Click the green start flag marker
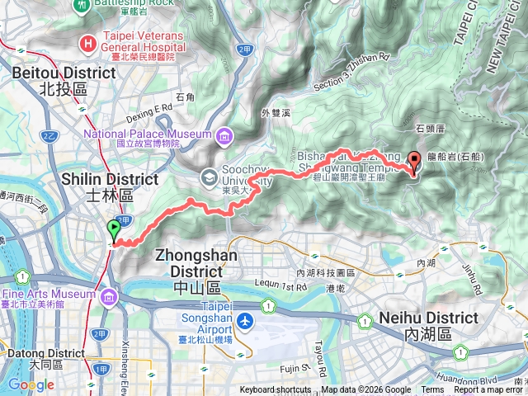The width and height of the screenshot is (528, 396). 113,230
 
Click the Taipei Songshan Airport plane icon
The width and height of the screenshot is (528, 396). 245,319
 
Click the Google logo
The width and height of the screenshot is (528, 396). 31,384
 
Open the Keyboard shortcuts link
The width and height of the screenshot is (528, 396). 276,390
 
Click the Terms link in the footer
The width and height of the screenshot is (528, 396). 431,390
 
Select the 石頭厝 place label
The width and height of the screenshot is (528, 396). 430,129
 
